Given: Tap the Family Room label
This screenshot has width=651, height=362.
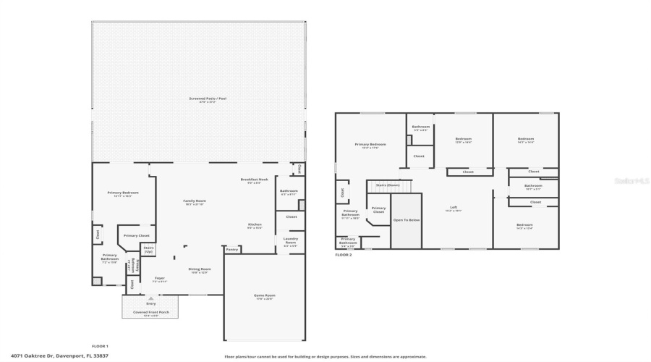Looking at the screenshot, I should (x=194, y=201).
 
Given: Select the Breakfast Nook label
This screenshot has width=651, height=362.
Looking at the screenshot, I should (x=254, y=179).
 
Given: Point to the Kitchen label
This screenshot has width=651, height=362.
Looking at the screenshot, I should (x=255, y=224).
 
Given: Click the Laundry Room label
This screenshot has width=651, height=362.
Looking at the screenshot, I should (x=290, y=240).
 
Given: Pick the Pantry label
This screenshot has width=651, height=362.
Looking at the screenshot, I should (x=231, y=249).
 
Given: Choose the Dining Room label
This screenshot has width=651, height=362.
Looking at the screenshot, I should (x=200, y=269).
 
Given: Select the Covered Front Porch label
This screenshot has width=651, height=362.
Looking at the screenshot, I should (x=150, y=313).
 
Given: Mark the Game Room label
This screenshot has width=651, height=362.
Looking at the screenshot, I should (x=264, y=295).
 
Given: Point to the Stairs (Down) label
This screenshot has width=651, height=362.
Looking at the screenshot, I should (x=388, y=185).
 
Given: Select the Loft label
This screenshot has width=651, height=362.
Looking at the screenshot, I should (x=454, y=208).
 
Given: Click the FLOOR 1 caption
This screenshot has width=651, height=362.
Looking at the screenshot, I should (x=100, y=346).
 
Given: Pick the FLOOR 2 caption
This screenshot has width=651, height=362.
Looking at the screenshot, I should (x=344, y=255).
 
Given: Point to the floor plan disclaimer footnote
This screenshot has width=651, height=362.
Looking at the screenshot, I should (x=325, y=356).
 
